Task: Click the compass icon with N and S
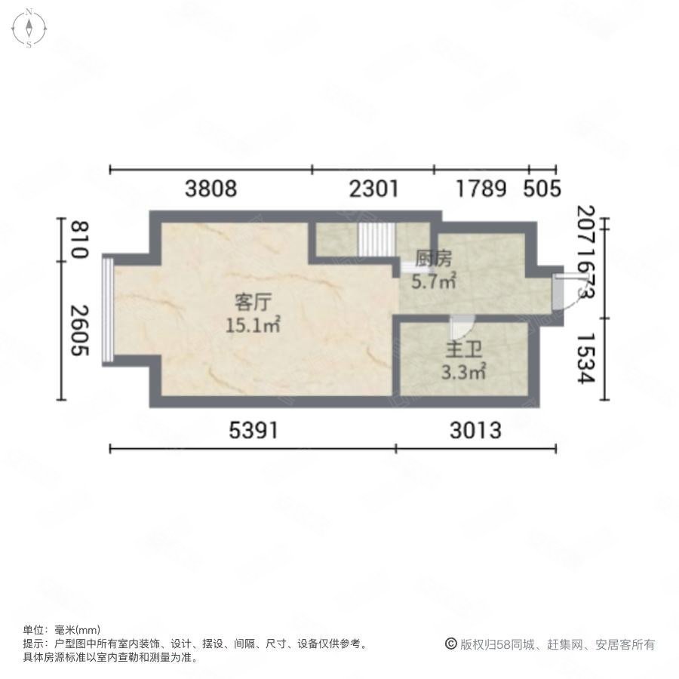point(29,28)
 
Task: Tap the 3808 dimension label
point(211,188)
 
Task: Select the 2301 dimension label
point(373,188)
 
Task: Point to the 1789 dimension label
point(481,188)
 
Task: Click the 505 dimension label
point(542,188)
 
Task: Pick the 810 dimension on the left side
point(78,239)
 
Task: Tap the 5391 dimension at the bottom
point(253,430)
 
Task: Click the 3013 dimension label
point(475,430)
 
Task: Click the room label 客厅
point(253,303)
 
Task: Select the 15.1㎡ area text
point(253,325)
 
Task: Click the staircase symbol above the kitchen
point(376,240)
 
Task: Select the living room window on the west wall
point(108,309)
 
